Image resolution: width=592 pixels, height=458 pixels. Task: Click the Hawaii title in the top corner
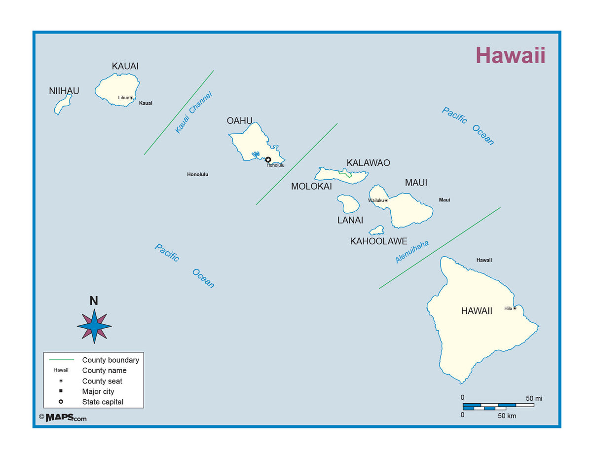510,55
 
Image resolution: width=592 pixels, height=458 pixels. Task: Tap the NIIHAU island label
64,91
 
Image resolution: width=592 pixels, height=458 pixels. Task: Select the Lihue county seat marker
131,98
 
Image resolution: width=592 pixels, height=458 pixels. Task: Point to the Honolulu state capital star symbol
268,159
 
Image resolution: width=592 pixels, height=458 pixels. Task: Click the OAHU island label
240,120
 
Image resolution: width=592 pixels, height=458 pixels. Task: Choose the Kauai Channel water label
193,113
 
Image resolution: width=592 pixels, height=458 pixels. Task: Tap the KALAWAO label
368,163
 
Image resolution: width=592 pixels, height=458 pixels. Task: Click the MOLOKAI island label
311,186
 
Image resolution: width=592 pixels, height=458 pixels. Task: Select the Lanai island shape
348,203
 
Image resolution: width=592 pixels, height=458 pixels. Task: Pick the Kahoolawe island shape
377,230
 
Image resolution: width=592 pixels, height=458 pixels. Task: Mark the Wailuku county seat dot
386,200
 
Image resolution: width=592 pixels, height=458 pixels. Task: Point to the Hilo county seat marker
515,308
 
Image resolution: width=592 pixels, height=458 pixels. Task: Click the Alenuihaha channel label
412,252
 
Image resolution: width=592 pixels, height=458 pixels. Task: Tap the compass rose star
94,326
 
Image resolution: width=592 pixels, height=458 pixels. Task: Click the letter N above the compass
94,301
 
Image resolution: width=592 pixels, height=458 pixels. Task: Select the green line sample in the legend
61,360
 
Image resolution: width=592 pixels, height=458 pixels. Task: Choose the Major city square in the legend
61,391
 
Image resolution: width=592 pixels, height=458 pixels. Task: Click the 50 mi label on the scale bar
534,398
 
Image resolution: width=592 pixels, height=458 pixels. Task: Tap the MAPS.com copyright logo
63,418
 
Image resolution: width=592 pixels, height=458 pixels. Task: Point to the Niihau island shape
63,105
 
